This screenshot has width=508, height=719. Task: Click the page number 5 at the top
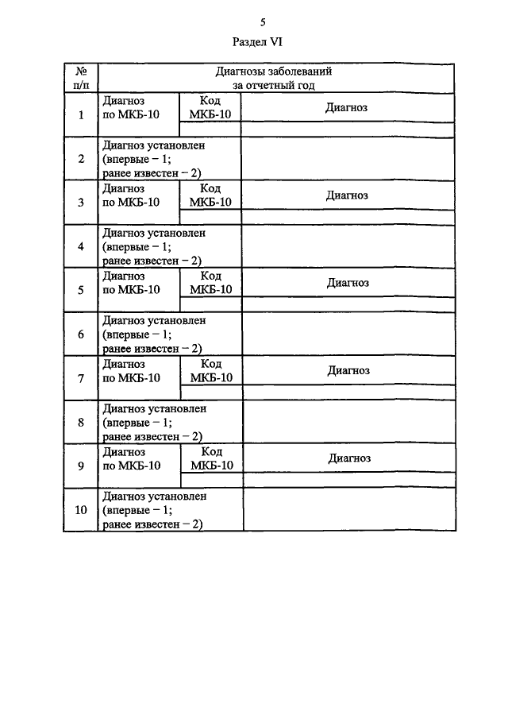pos(263,22)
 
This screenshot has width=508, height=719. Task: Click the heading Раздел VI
pos(257,42)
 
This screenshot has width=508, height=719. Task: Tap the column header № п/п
pos(81,78)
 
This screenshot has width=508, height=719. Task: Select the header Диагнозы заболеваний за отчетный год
pos(274,78)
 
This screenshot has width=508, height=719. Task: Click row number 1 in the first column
pos(81,114)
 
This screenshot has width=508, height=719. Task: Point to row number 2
pos(81,159)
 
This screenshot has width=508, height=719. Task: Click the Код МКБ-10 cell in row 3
pos(210,195)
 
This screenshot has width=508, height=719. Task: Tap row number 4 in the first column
pos(81,247)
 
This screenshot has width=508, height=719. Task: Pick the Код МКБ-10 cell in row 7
pos(212,370)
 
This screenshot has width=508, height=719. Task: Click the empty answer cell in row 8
pos(349,422)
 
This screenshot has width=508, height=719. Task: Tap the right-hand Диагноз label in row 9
pos(349,458)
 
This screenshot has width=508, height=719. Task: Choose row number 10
pos(81,510)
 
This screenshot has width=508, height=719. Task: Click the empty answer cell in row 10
pos(349,510)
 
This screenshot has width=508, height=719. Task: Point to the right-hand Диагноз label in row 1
pos(346,107)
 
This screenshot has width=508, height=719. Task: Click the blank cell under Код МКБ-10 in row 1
pos(210,129)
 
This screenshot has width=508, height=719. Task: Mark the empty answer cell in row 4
pos(348,247)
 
